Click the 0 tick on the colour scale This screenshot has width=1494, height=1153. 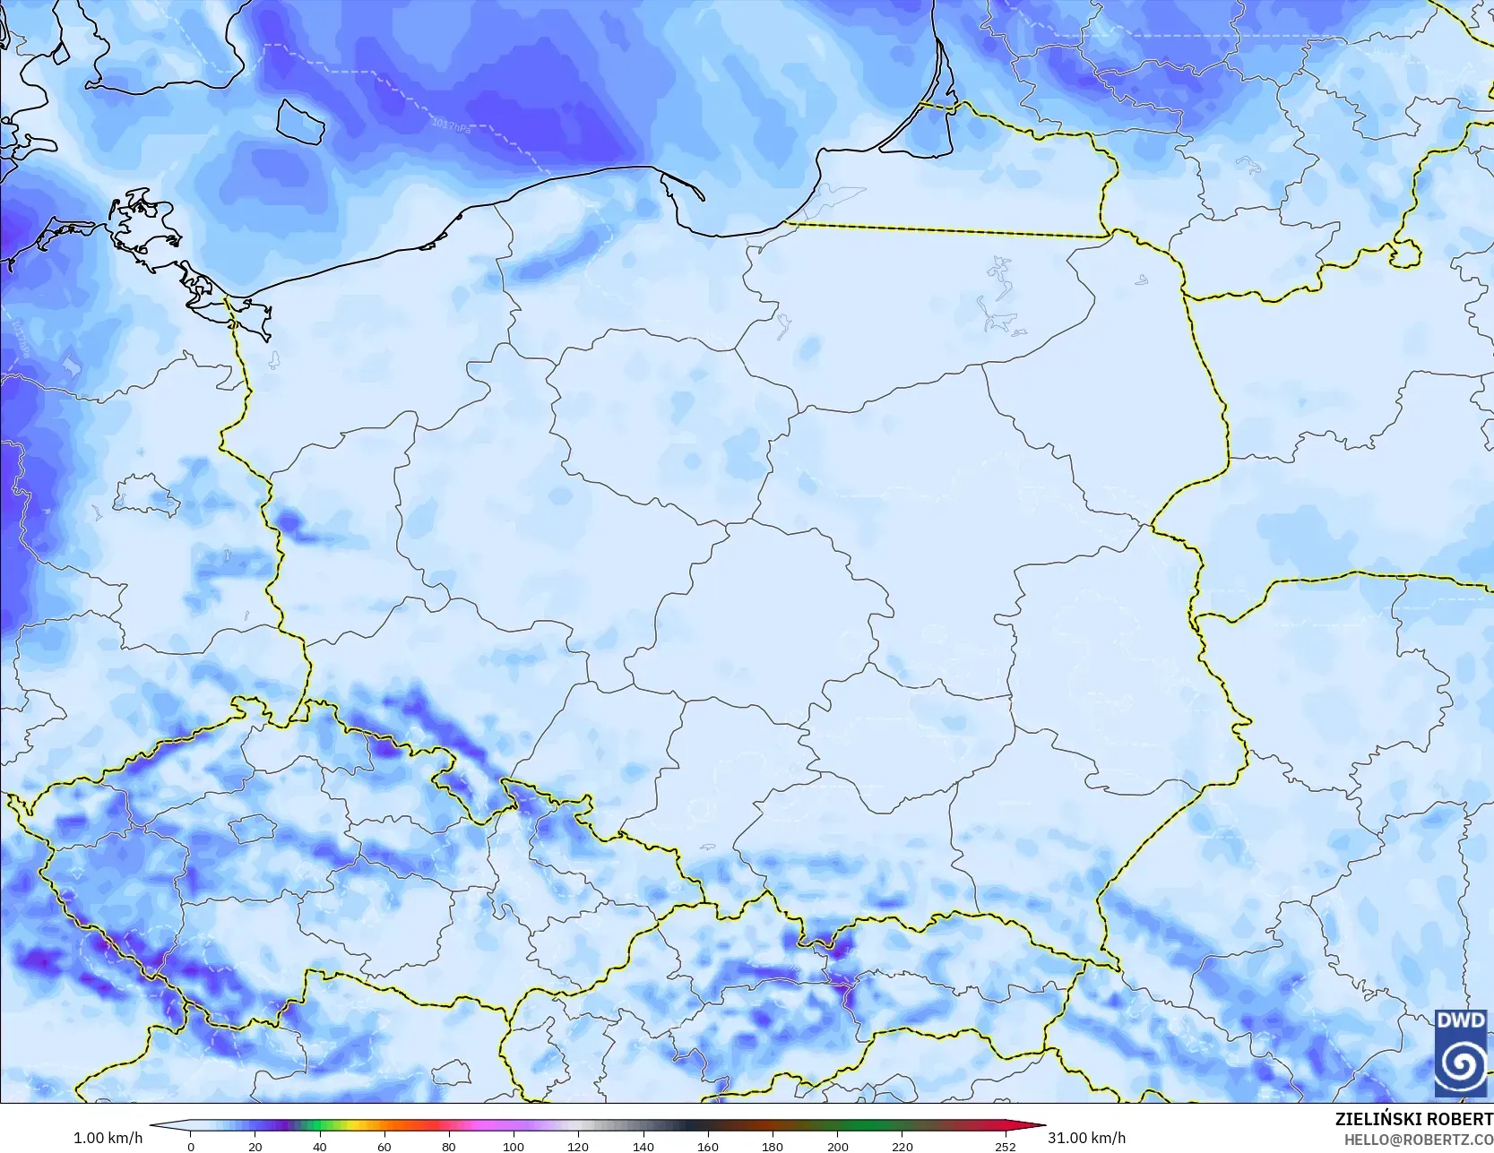(x=191, y=1146)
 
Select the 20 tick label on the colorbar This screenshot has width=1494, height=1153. (x=255, y=1146)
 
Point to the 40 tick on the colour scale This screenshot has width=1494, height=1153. (x=320, y=1146)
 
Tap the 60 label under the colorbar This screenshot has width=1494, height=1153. (x=384, y=1146)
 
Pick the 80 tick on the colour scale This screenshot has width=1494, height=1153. (x=449, y=1146)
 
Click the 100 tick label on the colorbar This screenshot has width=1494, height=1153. (x=514, y=1146)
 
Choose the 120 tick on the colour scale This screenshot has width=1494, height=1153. (x=578, y=1146)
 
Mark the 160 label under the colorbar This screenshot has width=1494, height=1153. (x=708, y=1146)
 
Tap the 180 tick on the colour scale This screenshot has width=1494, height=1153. (x=773, y=1146)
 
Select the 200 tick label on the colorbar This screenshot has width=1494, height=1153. (x=837, y=1146)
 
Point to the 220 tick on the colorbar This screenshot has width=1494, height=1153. (x=902, y=1146)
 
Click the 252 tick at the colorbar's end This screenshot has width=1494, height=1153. (x=1005, y=1146)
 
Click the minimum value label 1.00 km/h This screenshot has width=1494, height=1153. (x=108, y=1138)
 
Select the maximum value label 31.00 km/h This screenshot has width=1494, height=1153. (x=1086, y=1138)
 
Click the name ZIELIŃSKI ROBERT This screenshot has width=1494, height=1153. (x=1413, y=1119)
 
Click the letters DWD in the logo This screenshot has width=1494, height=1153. (x=1460, y=1020)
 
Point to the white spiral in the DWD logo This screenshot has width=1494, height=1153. (x=1461, y=1063)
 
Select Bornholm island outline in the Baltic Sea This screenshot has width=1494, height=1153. (x=299, y=121)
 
